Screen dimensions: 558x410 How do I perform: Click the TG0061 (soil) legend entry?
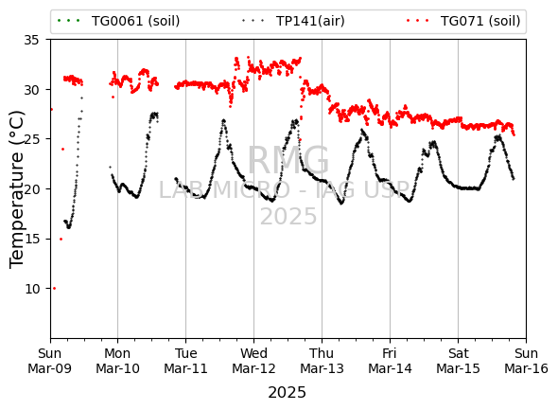point(118,21)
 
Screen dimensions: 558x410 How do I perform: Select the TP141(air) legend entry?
point(293,21)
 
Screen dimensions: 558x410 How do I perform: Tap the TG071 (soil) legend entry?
point(463,21)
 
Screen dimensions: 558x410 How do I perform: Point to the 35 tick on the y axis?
point(31,40)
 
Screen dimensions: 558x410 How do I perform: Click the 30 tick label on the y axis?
point(31,89)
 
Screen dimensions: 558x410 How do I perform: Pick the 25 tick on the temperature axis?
point(31,139)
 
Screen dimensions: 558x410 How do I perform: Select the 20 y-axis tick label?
point(31,188)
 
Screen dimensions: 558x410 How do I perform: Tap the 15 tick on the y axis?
point(31,239)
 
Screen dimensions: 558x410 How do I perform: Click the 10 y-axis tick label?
point(31,289)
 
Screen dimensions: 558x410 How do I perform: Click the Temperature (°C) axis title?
point(16,188)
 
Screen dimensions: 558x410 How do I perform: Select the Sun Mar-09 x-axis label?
point(50,361)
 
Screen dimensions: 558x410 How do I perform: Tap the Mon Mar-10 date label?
point(118,361)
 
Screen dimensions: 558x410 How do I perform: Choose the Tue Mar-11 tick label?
point(185,361)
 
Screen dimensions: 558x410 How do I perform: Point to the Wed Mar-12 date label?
point(253,361)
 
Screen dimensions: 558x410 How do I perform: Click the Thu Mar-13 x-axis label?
point(322,361)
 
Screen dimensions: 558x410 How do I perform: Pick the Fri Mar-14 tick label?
point(390,361)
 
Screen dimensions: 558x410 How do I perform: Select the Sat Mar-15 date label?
point(458,361)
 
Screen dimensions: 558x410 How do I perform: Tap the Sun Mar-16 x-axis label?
point(526,361)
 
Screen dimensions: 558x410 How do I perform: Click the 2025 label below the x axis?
point(287,393)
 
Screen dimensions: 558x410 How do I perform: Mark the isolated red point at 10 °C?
point(54,288)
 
